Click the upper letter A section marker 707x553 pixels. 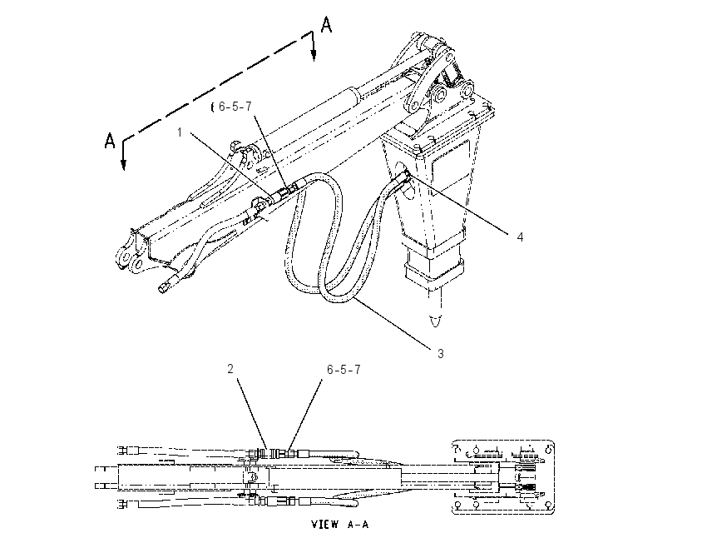click(326, 24)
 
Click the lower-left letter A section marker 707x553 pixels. click(110, 141)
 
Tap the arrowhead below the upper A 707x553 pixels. click(314, 54)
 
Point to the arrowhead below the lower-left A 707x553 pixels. click(123, 164)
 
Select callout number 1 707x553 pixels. click(180, 132)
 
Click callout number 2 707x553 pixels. click(230, 369)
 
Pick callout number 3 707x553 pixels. click(441, 353)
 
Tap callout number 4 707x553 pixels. click(520, 237)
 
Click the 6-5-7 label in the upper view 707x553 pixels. click(235, 107)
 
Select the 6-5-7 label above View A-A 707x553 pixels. click(344, 370)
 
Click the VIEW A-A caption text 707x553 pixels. click(340, 524)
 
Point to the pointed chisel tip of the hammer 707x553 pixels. click(436, 321)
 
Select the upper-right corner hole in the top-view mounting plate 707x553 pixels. click(548, 449)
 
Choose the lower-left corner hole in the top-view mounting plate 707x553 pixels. click(458, 504)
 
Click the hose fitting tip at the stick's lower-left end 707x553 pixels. click(163, 287)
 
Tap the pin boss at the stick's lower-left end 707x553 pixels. click(123, 257)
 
